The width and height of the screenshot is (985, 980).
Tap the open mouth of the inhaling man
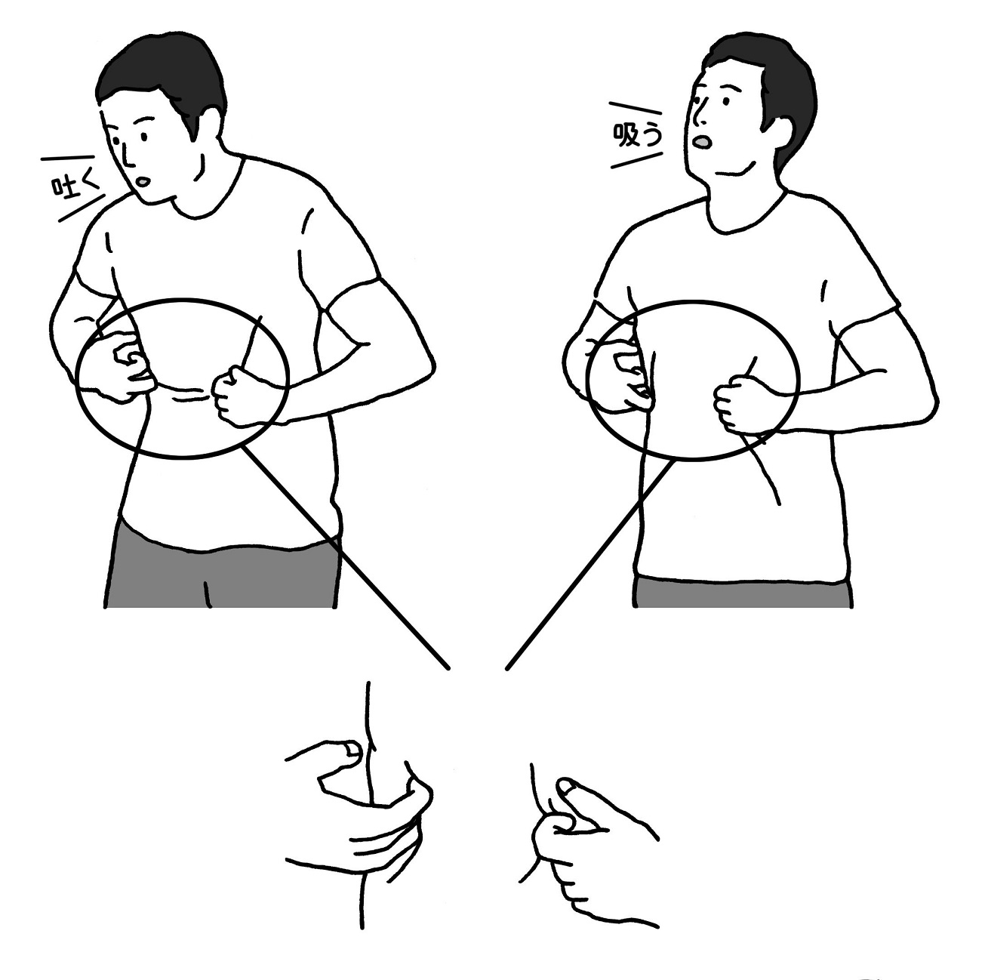[x=704, y=143]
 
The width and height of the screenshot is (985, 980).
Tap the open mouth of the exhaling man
[x=144, y=180]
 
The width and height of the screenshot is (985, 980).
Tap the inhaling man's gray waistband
[x=743, y=593]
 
